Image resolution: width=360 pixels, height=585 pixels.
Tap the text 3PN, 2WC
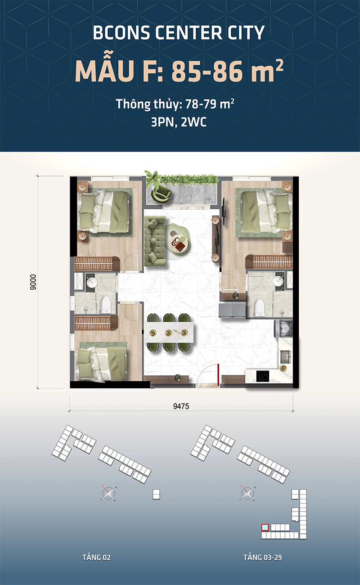pos(179,122)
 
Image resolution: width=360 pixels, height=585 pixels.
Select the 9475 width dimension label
pos(180,406)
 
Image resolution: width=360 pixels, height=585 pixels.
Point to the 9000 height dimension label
pos(33,282)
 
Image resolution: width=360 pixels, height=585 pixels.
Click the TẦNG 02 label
pos(96,557)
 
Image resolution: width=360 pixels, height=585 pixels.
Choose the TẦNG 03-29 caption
pos(262,557)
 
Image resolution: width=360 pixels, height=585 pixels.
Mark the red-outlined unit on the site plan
pos(265,527)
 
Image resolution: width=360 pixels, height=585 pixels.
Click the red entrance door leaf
pos(218,375)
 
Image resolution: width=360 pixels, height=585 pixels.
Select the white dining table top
pos(169,332)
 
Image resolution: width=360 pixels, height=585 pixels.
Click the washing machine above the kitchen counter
pos(284,329)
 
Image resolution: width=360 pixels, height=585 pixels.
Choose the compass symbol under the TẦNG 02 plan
pos(109,494)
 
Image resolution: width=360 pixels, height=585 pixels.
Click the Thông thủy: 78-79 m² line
pos(175,104)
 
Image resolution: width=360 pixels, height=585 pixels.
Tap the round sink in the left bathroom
pos(92,283)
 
